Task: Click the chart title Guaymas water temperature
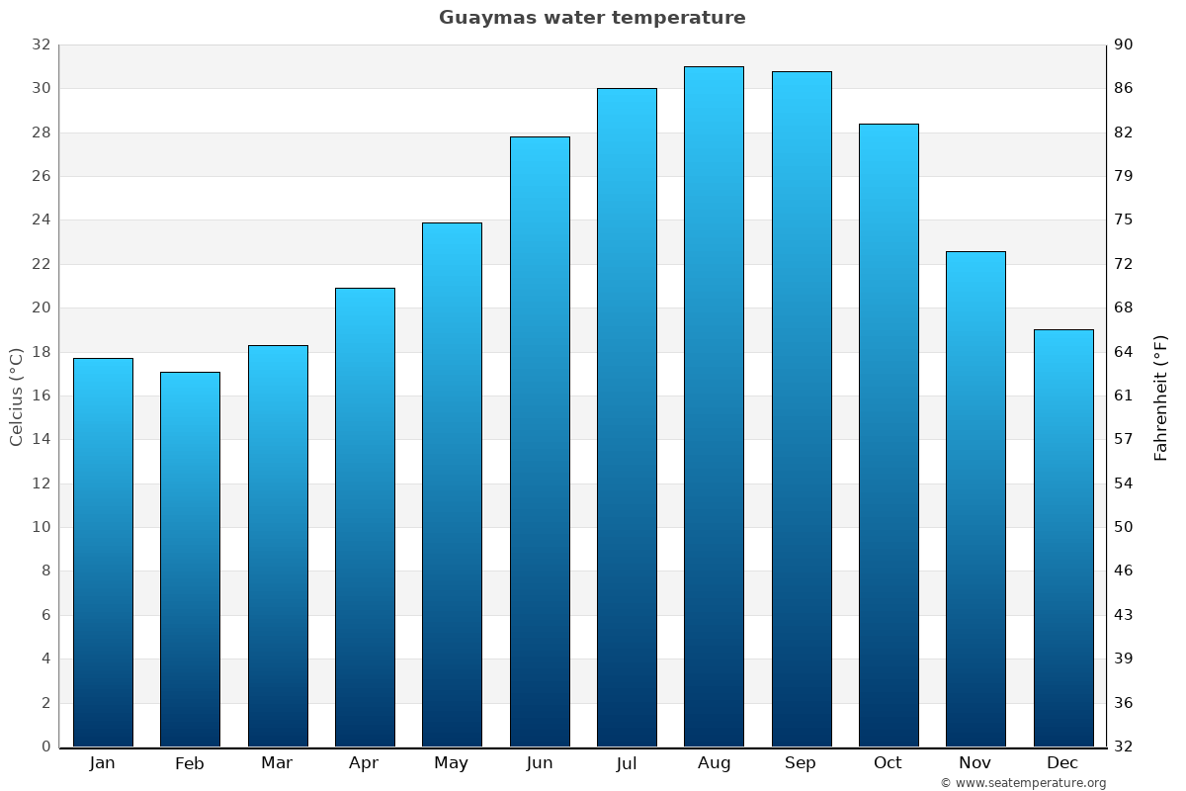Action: (x=592, y=18)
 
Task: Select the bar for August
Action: (x=714, y=406)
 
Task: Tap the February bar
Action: (x=190, y=559)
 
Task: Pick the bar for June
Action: (x=540, y=441)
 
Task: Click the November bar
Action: (x=975, y=498)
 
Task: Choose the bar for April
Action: (x=365, y=517)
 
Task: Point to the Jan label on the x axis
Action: (x=103, y=763)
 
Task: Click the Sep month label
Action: (x=801, y=763)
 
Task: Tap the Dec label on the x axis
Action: (x=1062, y=763)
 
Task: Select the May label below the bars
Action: (x=452, y=763)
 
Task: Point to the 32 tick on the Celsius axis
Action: (x=41, y=44)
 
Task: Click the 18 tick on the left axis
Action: (x=41, y=352)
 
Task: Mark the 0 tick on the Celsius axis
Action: (x=45, y=747)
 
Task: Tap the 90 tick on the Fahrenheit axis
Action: (x=1124, y=44)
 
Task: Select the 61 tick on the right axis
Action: (x=1124, y=395)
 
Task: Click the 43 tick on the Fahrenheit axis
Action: (x=1124, y=615)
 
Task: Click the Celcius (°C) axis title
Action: (x=17, y=395)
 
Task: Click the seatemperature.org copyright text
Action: (x=1023, y=783)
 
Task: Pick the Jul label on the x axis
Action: (x=627, y=763)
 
